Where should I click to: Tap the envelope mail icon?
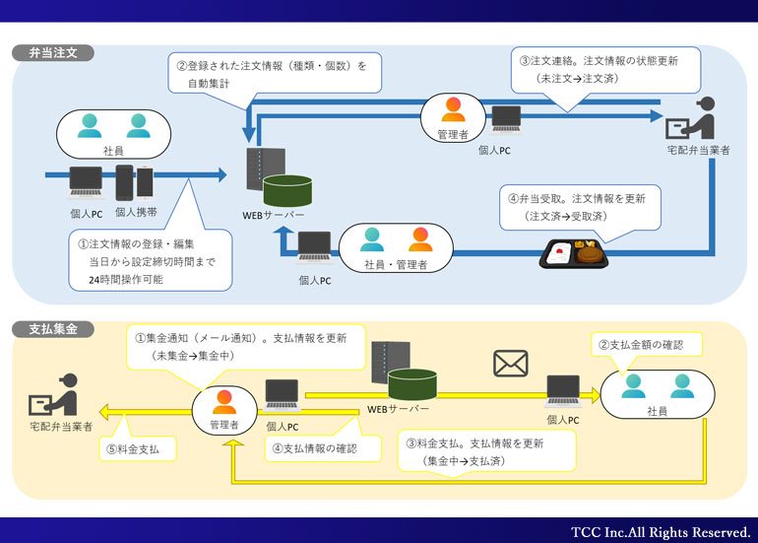[x=510, y=364]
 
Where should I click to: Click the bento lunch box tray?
[x=576, y=254]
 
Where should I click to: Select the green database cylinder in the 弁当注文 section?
[x=287, y=186]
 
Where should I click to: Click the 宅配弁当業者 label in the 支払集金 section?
[x=61, y=428]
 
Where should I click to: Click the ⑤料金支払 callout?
[x=141, y=448]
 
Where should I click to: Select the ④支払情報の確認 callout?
[x=314, y=448]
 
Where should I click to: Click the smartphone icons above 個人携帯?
[x=136, y=182]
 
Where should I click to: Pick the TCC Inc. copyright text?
[x=661, y=531]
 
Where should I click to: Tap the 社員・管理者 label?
[x=396, y=265]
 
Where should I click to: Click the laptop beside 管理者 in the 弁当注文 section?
[x=507, y=120]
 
